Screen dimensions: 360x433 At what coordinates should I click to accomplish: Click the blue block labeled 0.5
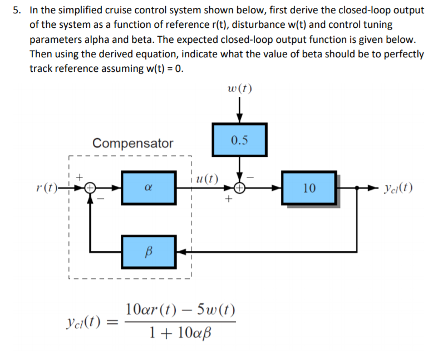(239, 139)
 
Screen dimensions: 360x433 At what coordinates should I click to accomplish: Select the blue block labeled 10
(309, 188)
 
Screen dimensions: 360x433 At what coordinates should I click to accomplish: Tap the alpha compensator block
(149, 188)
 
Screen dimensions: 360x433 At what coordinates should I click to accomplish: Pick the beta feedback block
(149, 251)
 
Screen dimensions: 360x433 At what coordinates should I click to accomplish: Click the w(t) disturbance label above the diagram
(240, 88)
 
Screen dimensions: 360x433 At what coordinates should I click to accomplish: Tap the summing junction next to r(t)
(90, 188)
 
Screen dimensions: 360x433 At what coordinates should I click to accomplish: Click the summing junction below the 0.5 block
(240, 188)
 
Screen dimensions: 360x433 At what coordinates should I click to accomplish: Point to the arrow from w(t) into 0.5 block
(240, 111)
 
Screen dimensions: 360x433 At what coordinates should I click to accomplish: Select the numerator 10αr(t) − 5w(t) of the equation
(180, 309)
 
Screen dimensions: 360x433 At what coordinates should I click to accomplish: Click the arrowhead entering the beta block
(181, 251)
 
